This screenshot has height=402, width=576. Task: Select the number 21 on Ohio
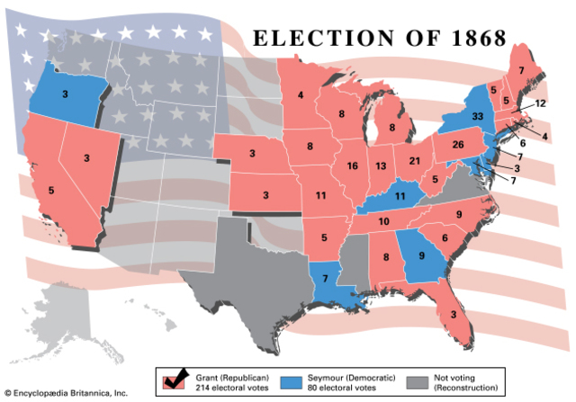[x=415, y=160]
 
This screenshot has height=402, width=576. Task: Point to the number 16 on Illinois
[x=352, y=166]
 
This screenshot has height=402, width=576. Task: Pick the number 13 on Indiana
[x=382, y=166]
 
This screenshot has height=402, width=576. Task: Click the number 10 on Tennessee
[x=383, y=221]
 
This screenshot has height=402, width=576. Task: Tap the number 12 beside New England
[x=540, y=103]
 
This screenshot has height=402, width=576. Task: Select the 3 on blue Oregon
[x=65, y=93]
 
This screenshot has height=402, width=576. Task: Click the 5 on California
[x=50, y=191]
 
